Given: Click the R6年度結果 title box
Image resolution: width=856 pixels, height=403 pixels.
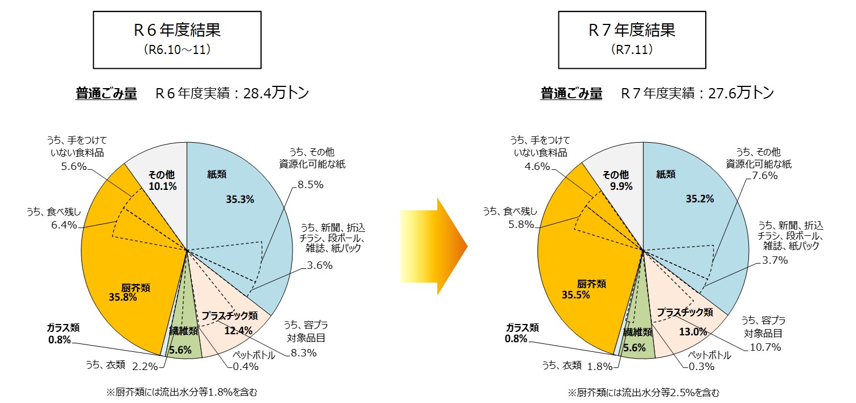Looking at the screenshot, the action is coord(178,40).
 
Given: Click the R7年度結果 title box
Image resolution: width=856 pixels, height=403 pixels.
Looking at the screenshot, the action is coord(632,40).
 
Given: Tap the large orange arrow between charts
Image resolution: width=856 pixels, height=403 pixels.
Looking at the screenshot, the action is coord(434,246).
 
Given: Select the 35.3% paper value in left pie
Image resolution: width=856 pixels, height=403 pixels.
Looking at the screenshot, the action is coord(240,199).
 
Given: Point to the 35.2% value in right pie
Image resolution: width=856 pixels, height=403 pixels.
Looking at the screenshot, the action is coord(699,199).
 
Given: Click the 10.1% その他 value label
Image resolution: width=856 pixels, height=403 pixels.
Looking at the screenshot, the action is coord(163,186).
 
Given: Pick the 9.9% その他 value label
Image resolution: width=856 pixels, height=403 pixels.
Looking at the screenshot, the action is coord(622,186).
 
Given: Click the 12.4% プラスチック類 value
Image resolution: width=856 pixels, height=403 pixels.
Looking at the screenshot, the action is coord(238,330).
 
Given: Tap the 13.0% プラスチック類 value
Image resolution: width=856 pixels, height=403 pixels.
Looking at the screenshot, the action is coord(693,331).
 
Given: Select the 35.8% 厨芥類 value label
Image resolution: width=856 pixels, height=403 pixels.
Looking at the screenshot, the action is coord(123,297).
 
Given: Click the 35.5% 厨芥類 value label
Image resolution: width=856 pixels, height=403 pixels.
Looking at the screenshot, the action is coord(576,295).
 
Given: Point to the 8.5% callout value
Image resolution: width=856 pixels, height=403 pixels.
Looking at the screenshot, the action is coord(311,185).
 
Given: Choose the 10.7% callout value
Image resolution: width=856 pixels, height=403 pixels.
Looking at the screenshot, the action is coord(766,347).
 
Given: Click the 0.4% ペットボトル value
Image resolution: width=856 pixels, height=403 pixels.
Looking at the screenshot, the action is coord(246,367).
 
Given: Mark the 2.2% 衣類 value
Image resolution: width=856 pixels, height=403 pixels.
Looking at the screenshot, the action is coord(145,367).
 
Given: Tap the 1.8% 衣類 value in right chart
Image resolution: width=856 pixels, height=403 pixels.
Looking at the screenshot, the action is coord(600,367).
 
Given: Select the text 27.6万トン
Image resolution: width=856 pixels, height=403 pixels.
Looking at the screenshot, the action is coord(741,93).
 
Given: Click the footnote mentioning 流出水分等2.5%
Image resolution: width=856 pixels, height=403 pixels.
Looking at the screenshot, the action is coord(644,393).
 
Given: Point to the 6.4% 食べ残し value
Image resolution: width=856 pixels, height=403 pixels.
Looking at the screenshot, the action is coord(64,225).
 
